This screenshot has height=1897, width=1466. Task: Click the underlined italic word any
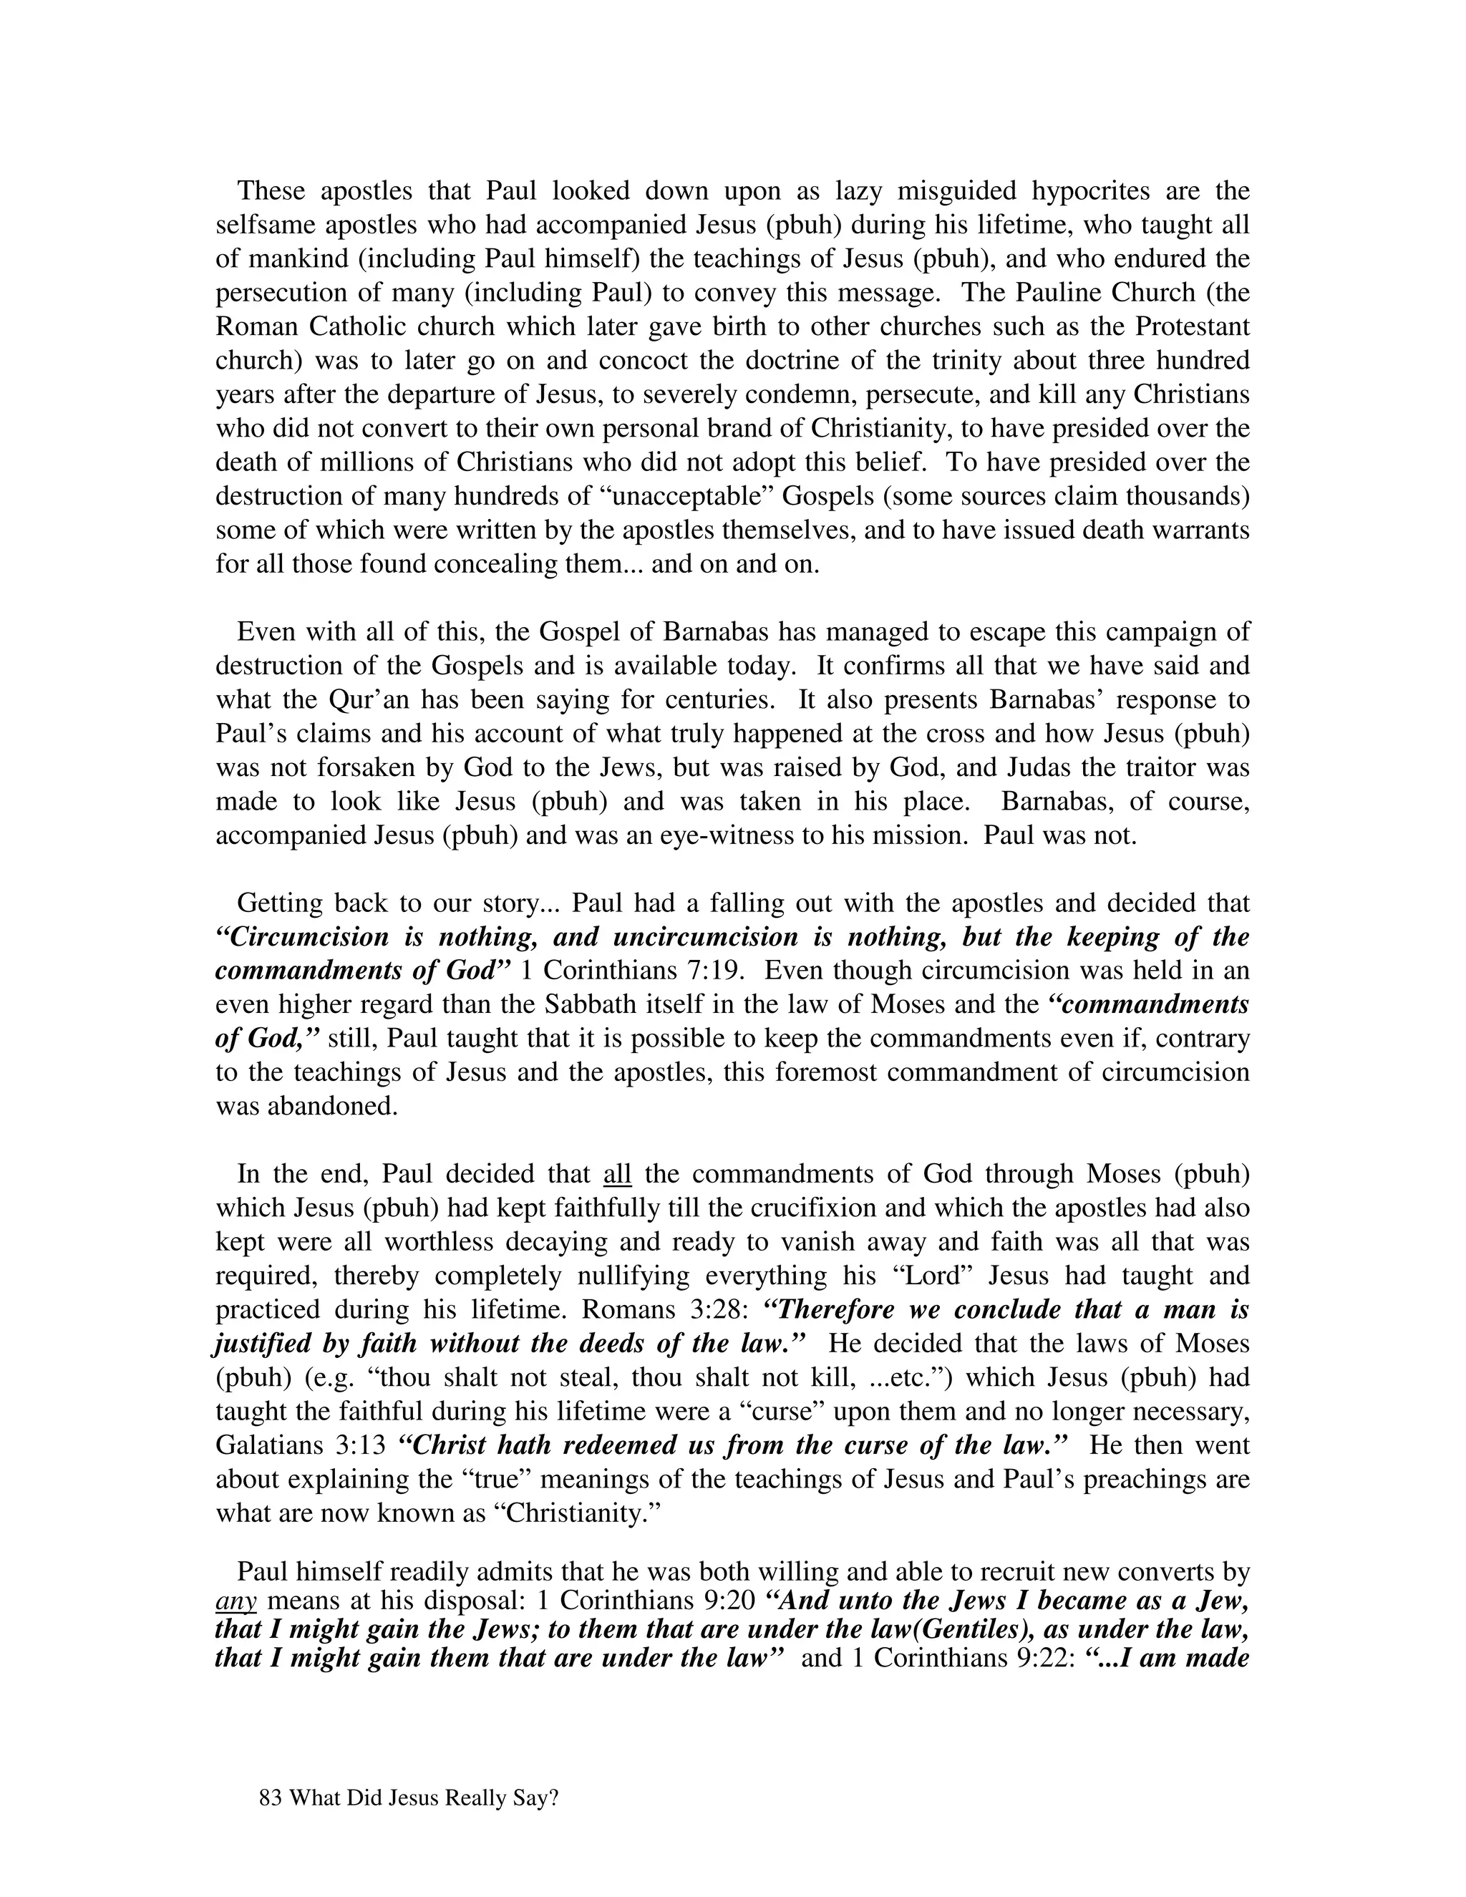[235, 1600]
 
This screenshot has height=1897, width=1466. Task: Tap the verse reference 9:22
[1046, 1657]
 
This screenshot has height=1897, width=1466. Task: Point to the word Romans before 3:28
[623, 1310]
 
